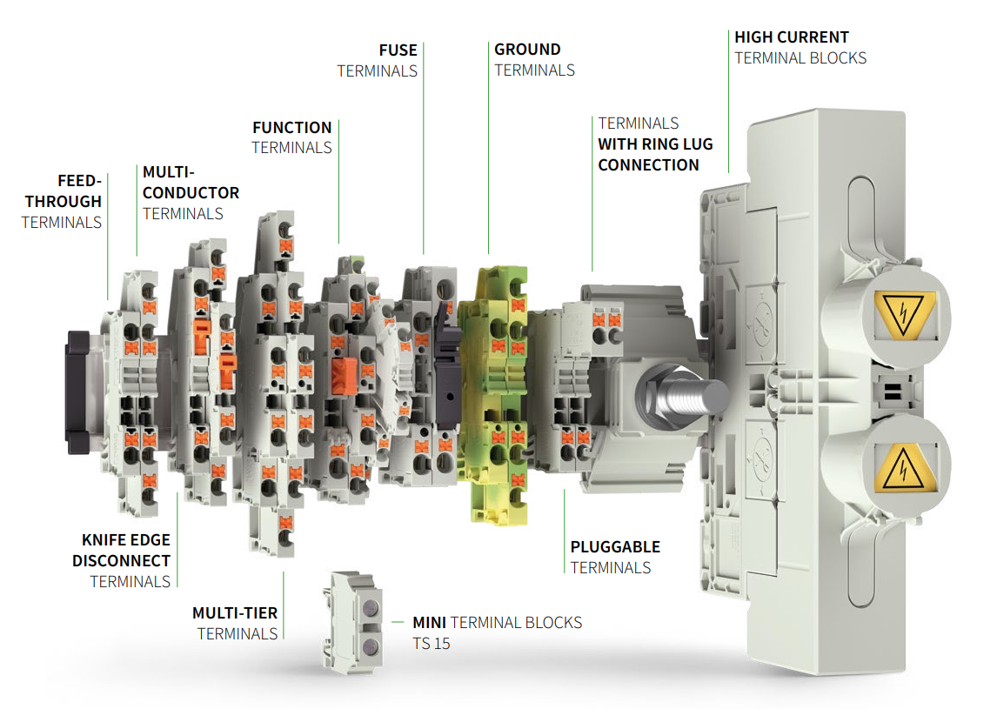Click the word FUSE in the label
[398, 50]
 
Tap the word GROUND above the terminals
[527, 50]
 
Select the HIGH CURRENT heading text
[791, 37]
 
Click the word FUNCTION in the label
[292, 127]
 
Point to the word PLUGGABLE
[615, 547]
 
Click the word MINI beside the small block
[430, 623]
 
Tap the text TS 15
[432, 645]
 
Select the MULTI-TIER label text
[235, 612]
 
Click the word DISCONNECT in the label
[121, 561]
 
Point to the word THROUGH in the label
[64, 201]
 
